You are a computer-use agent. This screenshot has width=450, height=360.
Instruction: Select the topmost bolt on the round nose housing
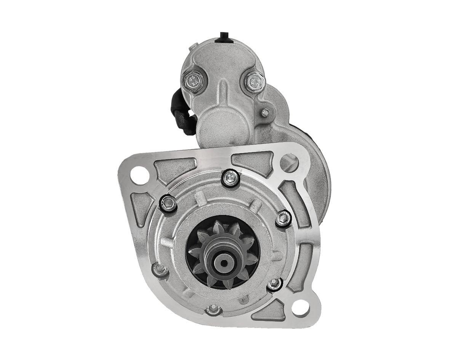click(x=230, y=178)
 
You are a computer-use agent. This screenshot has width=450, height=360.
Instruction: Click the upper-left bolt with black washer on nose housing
click(x=168, y=204)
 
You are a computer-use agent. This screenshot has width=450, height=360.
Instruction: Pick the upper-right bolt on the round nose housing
click(x=283, y=218)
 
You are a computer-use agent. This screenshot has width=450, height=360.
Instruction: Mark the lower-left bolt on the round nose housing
click(x=160, y=269)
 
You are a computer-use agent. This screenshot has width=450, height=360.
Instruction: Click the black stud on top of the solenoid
click(x=222, y=38)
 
